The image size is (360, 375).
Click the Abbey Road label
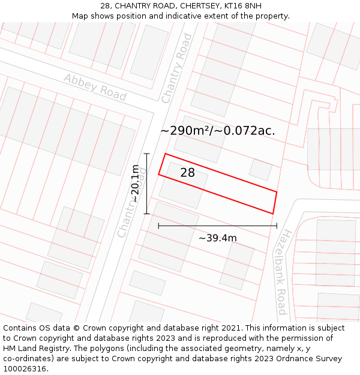(x=95, y=87)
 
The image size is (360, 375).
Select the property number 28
(x=187, y=173)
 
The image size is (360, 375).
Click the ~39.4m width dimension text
(x=217, y=238)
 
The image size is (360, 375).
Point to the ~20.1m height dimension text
(x=136, y=184)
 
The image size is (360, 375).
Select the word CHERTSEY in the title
(x=202, y=5)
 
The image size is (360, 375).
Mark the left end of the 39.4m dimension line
(x=158, y=226)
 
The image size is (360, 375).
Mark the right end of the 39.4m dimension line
(x=277, y=226)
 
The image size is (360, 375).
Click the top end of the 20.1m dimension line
(x=146, y=154)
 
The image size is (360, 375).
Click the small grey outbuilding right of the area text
(x=260, y=169)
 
